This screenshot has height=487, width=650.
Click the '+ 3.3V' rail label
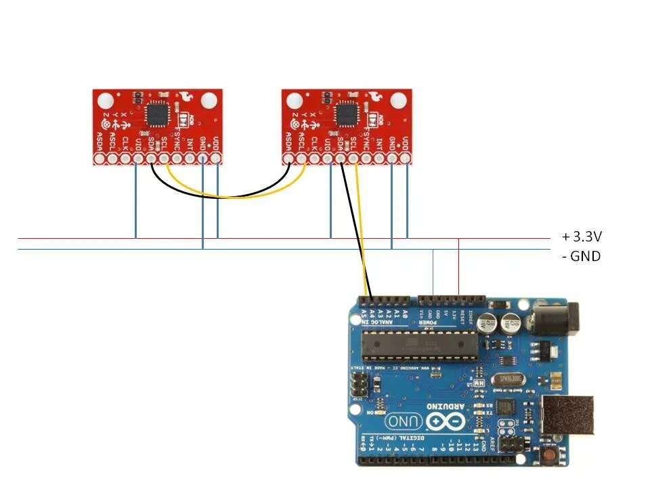582,237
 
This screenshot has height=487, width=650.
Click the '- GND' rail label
581,256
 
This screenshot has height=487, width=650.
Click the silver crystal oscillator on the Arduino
509,380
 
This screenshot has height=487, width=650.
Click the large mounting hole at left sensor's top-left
106,101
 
